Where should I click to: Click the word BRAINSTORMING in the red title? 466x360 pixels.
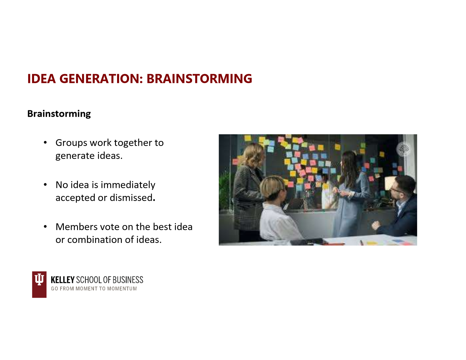click(199, 79)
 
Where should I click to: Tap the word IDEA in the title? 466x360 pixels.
click(41, 79)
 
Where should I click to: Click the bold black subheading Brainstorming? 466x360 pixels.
click(59, 114)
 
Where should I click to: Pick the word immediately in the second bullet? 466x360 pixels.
click(128, 185)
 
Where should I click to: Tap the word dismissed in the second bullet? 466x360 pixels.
click(131, 198)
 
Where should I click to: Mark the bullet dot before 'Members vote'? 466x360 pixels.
click(45, 227)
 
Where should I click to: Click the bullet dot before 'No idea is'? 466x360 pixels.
click(45, 185)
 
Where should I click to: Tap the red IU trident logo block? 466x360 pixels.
click(39, 284)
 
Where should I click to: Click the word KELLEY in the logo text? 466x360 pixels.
click(63, 280)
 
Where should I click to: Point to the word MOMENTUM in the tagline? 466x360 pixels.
click(122, 289)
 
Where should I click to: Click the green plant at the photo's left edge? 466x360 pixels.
click(225, 191)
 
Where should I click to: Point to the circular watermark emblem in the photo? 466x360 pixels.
click(403, 149)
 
